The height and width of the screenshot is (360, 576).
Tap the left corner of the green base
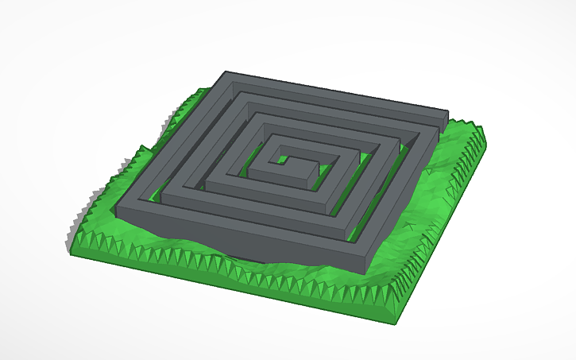71,251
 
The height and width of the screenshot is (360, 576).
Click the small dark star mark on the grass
408,227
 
